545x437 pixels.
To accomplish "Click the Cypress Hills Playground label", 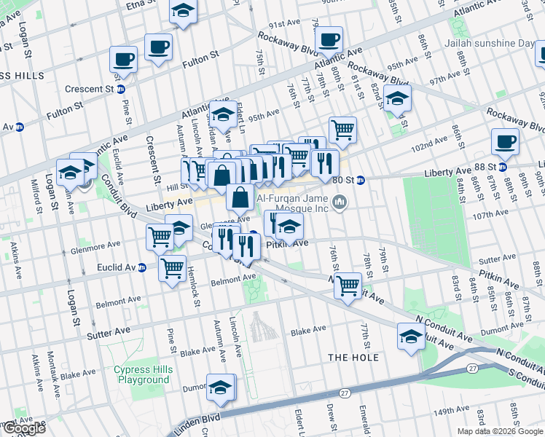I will (144, 374).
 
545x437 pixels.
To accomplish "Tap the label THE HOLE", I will (353, 357).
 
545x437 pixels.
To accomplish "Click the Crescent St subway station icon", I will (121, 89).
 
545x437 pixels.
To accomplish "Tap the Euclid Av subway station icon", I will (142, 267).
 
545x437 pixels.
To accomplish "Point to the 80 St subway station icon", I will (361, 179).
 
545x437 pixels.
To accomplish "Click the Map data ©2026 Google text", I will (499, 431).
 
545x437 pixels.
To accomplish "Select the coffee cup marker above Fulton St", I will (158, 48).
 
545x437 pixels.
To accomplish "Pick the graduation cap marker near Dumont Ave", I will (221, 388).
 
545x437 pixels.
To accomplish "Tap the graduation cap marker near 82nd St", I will (397, 99).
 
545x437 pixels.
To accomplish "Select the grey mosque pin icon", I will (338, 201).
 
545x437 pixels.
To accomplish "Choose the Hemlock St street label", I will (195, 283).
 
